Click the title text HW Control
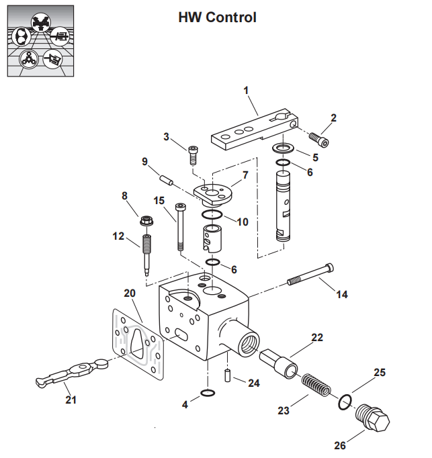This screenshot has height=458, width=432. point(217,17)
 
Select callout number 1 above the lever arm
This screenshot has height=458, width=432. point(246,89)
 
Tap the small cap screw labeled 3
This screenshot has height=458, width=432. point(193,154)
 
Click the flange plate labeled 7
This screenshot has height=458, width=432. point(214,194)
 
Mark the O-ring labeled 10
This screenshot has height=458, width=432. point(212,215)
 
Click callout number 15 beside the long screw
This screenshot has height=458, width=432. point(159,200)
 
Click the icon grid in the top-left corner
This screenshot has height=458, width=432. point(40,40)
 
